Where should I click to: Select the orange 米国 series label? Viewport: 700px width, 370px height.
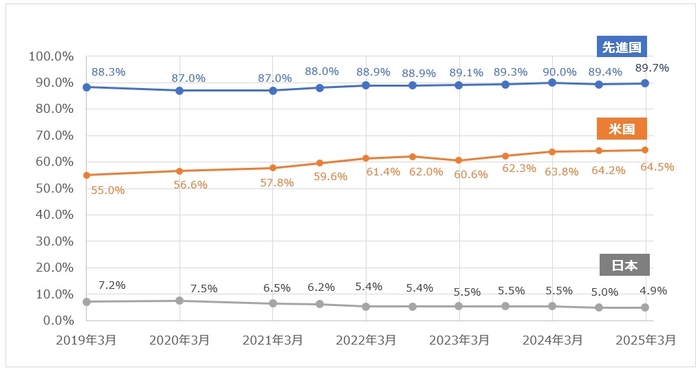coord(623,129)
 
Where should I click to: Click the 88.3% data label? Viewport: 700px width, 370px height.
coord(108,71)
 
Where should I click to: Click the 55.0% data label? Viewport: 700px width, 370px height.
coord(108,191)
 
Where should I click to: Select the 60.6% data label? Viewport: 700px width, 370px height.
coord(471,175)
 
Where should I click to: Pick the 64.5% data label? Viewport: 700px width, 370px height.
coord(657,166)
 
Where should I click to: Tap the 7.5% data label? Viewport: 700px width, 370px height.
coord(204,288)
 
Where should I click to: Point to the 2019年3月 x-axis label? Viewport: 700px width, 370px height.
coord(87,340)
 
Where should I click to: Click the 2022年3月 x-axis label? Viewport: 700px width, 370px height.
coord(367,340)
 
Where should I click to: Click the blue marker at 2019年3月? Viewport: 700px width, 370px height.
coord(87,87)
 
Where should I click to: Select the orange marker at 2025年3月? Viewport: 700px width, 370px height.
coord(645,150)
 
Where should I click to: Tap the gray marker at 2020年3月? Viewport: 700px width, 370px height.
coord(179,301)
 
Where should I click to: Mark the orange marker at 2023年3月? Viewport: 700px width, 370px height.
coord(459,160)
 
